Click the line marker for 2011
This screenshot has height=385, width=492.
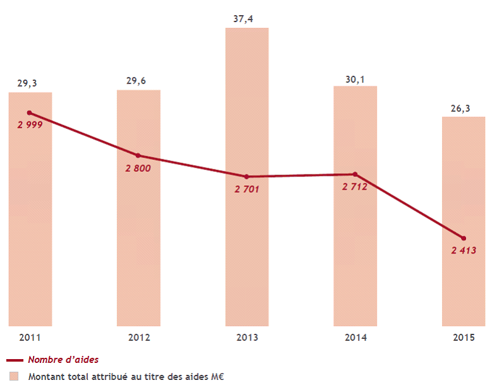(x=30, y=113)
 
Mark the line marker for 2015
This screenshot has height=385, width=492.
(x=464, y=238)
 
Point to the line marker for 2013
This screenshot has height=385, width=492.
(x=247, y=176)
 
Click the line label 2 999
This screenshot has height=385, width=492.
(x=30, y=125)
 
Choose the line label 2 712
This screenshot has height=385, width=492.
(x=355, y=186)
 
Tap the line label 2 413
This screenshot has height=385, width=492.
(x=464, y=250)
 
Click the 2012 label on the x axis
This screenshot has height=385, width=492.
(x=138, y=338)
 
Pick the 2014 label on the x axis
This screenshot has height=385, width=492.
(x=355, y=338)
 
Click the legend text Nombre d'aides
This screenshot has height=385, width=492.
(x=63, y=360)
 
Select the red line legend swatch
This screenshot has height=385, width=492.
(x=14, y=360)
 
